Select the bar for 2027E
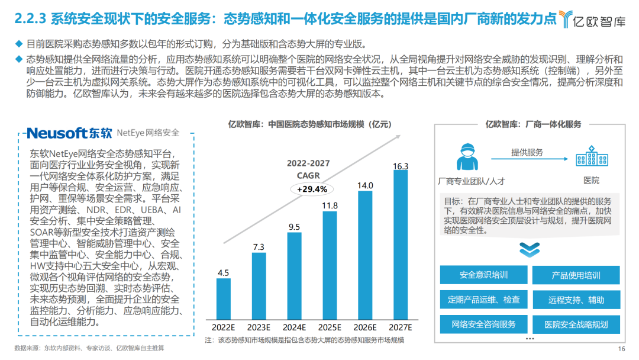click(x=401, y=246)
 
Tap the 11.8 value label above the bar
click(x=330, y=206)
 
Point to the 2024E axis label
click(x=294, y=327)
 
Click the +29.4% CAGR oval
click(x=309, y=189)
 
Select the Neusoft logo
click(x=69, y=133)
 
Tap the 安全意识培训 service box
click(x=483, y=275)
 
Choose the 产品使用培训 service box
click(x=576, y=275)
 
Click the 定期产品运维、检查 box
click(x=483, y=300)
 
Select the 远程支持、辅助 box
click(x=576, y=300)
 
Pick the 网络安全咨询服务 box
click(x=483, y=324)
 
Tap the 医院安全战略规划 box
click(x=576, y=324)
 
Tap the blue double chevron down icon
click(x=529, y=249)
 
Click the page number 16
click(x=621, y=348)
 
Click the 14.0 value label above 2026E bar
click(x=365, y=185)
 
